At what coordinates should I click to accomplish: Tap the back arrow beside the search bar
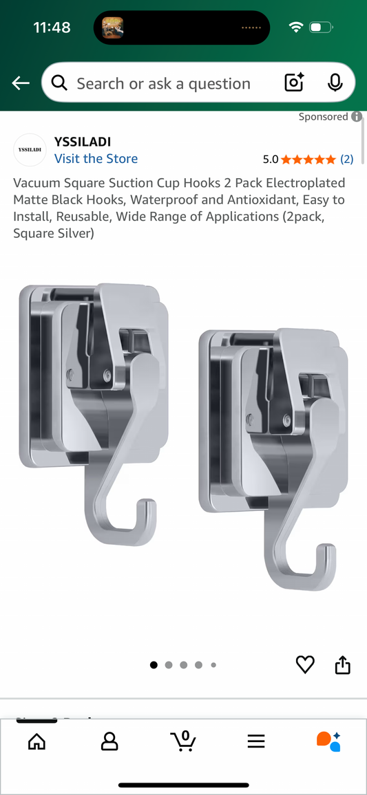click(x=21, y=83)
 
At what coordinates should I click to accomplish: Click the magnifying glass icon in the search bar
click(x=60, y=83)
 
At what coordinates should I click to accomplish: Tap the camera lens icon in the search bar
click(x=294, y=83)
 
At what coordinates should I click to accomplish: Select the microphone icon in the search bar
click(x=335, y=83)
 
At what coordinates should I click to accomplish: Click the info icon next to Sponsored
click(x=357, y=117)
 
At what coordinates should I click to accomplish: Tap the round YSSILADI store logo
click(x=30, y=150)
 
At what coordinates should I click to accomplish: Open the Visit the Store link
click(x=96, y=159)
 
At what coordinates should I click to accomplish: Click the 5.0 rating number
click(x=270, y=159)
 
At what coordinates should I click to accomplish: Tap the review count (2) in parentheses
click(x=346, y=159)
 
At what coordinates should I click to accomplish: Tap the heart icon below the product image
click(x=305, y=664)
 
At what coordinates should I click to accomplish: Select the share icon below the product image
click(x=343, y=664)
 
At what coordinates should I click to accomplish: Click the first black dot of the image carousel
click(x=154, y=665)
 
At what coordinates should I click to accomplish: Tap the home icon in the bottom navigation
click(x=36, y=741)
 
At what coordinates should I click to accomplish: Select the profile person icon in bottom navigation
click(x=109, y=741)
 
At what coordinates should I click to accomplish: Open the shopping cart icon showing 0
click(x=183, y=741)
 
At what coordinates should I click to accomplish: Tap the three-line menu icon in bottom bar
click(x=256, y=741)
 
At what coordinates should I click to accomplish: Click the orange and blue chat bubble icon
click(x=329, y=741)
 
